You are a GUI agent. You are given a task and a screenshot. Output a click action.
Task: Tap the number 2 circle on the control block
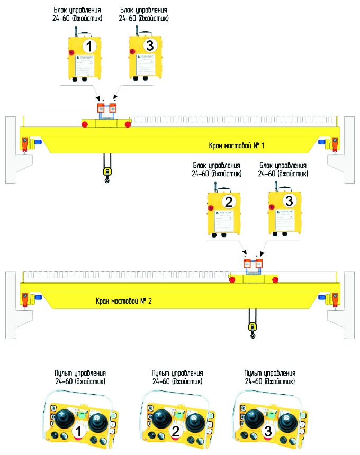tap(229, 201)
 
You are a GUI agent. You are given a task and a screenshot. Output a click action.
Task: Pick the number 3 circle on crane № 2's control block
tap(289, 201)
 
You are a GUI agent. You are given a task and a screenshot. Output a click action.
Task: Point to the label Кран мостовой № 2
tap(124, 301)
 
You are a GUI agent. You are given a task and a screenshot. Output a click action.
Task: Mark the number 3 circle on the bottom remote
tap(268, 432)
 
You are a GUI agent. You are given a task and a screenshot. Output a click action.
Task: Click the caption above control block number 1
tap(78, 14)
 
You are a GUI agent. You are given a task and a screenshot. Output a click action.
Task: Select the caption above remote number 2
tap(176, 377)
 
